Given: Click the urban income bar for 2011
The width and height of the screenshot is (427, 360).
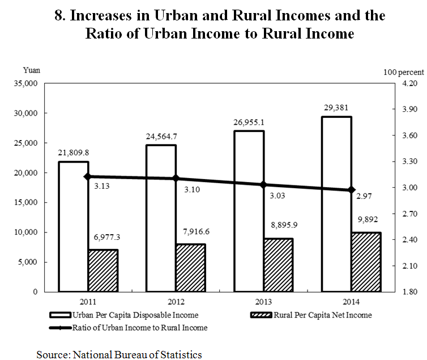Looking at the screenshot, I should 73,227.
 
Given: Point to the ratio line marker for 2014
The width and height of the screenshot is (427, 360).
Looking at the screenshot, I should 351,189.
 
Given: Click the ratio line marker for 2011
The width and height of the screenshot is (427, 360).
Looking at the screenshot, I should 88,177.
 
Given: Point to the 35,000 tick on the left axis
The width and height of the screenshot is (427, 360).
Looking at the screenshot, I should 24,83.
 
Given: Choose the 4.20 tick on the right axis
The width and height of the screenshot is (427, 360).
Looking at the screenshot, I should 409,83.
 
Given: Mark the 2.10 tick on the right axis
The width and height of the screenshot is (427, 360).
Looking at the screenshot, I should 409,265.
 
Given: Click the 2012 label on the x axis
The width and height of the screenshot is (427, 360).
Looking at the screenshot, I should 176,302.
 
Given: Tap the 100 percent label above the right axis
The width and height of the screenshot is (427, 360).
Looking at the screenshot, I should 403,72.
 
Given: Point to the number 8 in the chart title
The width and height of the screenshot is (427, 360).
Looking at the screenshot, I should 59,15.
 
